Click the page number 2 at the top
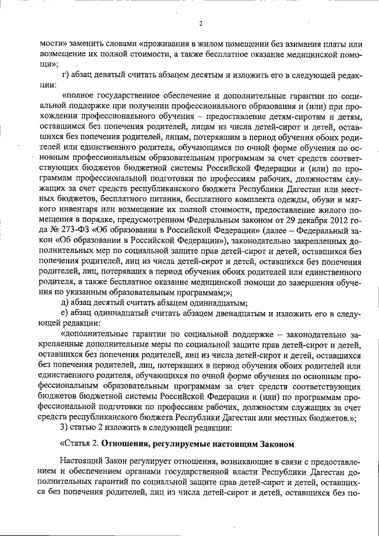pos(201,24)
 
